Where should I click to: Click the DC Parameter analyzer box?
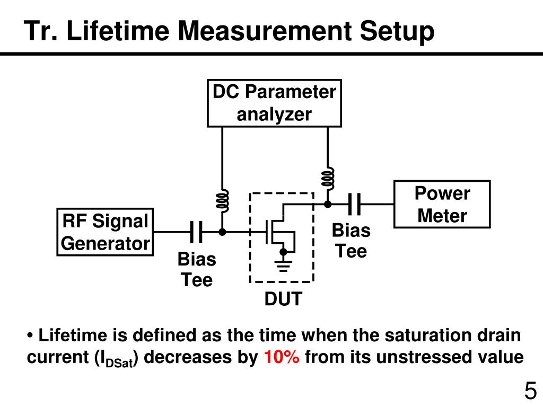(x=274, y=103)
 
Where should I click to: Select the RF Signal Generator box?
(x=105, y=232)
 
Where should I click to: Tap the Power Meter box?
(x=442, y=204)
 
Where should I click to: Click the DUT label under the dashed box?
(x=283, y=299)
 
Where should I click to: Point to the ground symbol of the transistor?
(x=283, y=266)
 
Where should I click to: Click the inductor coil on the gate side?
(x=222, y=201)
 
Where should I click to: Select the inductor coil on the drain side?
(x=328, y=179)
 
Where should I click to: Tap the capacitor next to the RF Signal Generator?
(x=196, y=232)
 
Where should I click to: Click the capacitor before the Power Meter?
(x=354, y=204)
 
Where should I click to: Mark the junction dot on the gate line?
(x=222, y=232)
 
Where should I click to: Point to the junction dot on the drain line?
(x=328, y=204)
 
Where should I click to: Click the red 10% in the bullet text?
(x=282, y=357)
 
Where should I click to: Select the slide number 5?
(x=530, y=391)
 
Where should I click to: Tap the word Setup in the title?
(x=397, y=32)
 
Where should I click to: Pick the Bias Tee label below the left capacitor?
(x=197, y=269)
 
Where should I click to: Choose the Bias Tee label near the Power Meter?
(x=351, y=241)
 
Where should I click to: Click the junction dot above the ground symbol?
(x=283, y=252)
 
